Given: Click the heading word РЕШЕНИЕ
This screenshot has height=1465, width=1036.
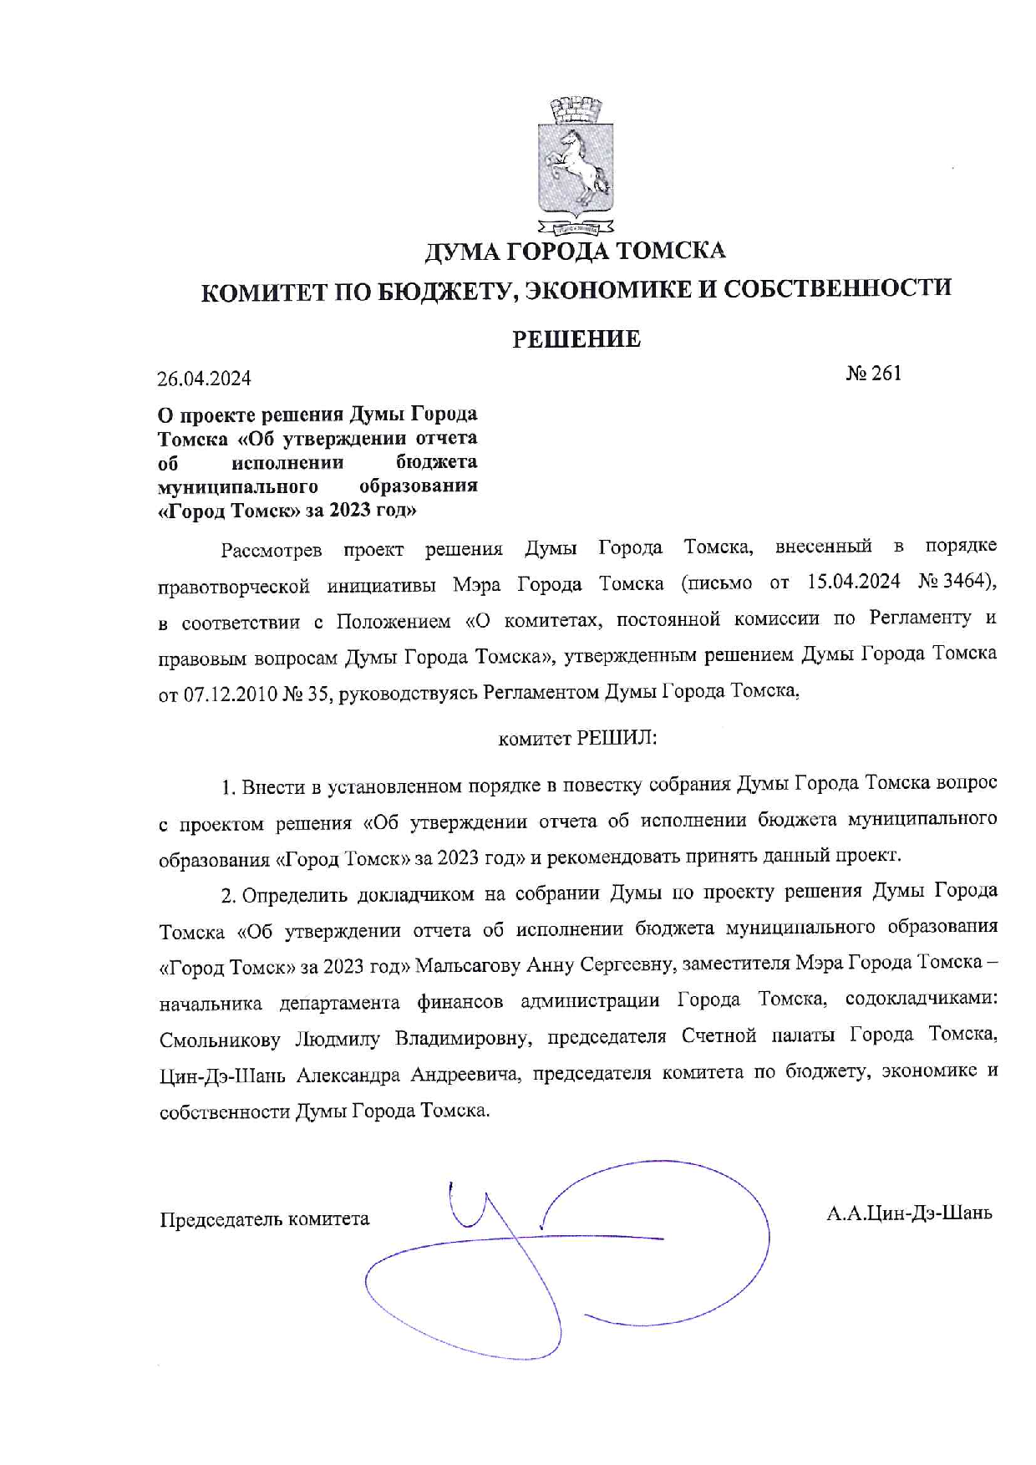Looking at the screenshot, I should click(576, 338).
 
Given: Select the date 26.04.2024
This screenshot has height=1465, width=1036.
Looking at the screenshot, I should click(205, 379).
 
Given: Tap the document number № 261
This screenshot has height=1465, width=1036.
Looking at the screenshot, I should click(874, 373).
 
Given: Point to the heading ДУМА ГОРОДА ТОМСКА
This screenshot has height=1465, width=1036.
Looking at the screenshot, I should click(576, 250).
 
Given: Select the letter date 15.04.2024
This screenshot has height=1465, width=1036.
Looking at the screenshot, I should click(849, 582).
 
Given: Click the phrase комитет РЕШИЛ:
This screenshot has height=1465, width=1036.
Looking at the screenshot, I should click(577, 739).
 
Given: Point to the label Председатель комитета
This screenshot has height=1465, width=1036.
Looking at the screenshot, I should click(264, 1218).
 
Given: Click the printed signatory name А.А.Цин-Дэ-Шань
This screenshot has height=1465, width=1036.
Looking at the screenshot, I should click(909, 1213).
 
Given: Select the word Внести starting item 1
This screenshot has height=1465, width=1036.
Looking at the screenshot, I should click(269, 786).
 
